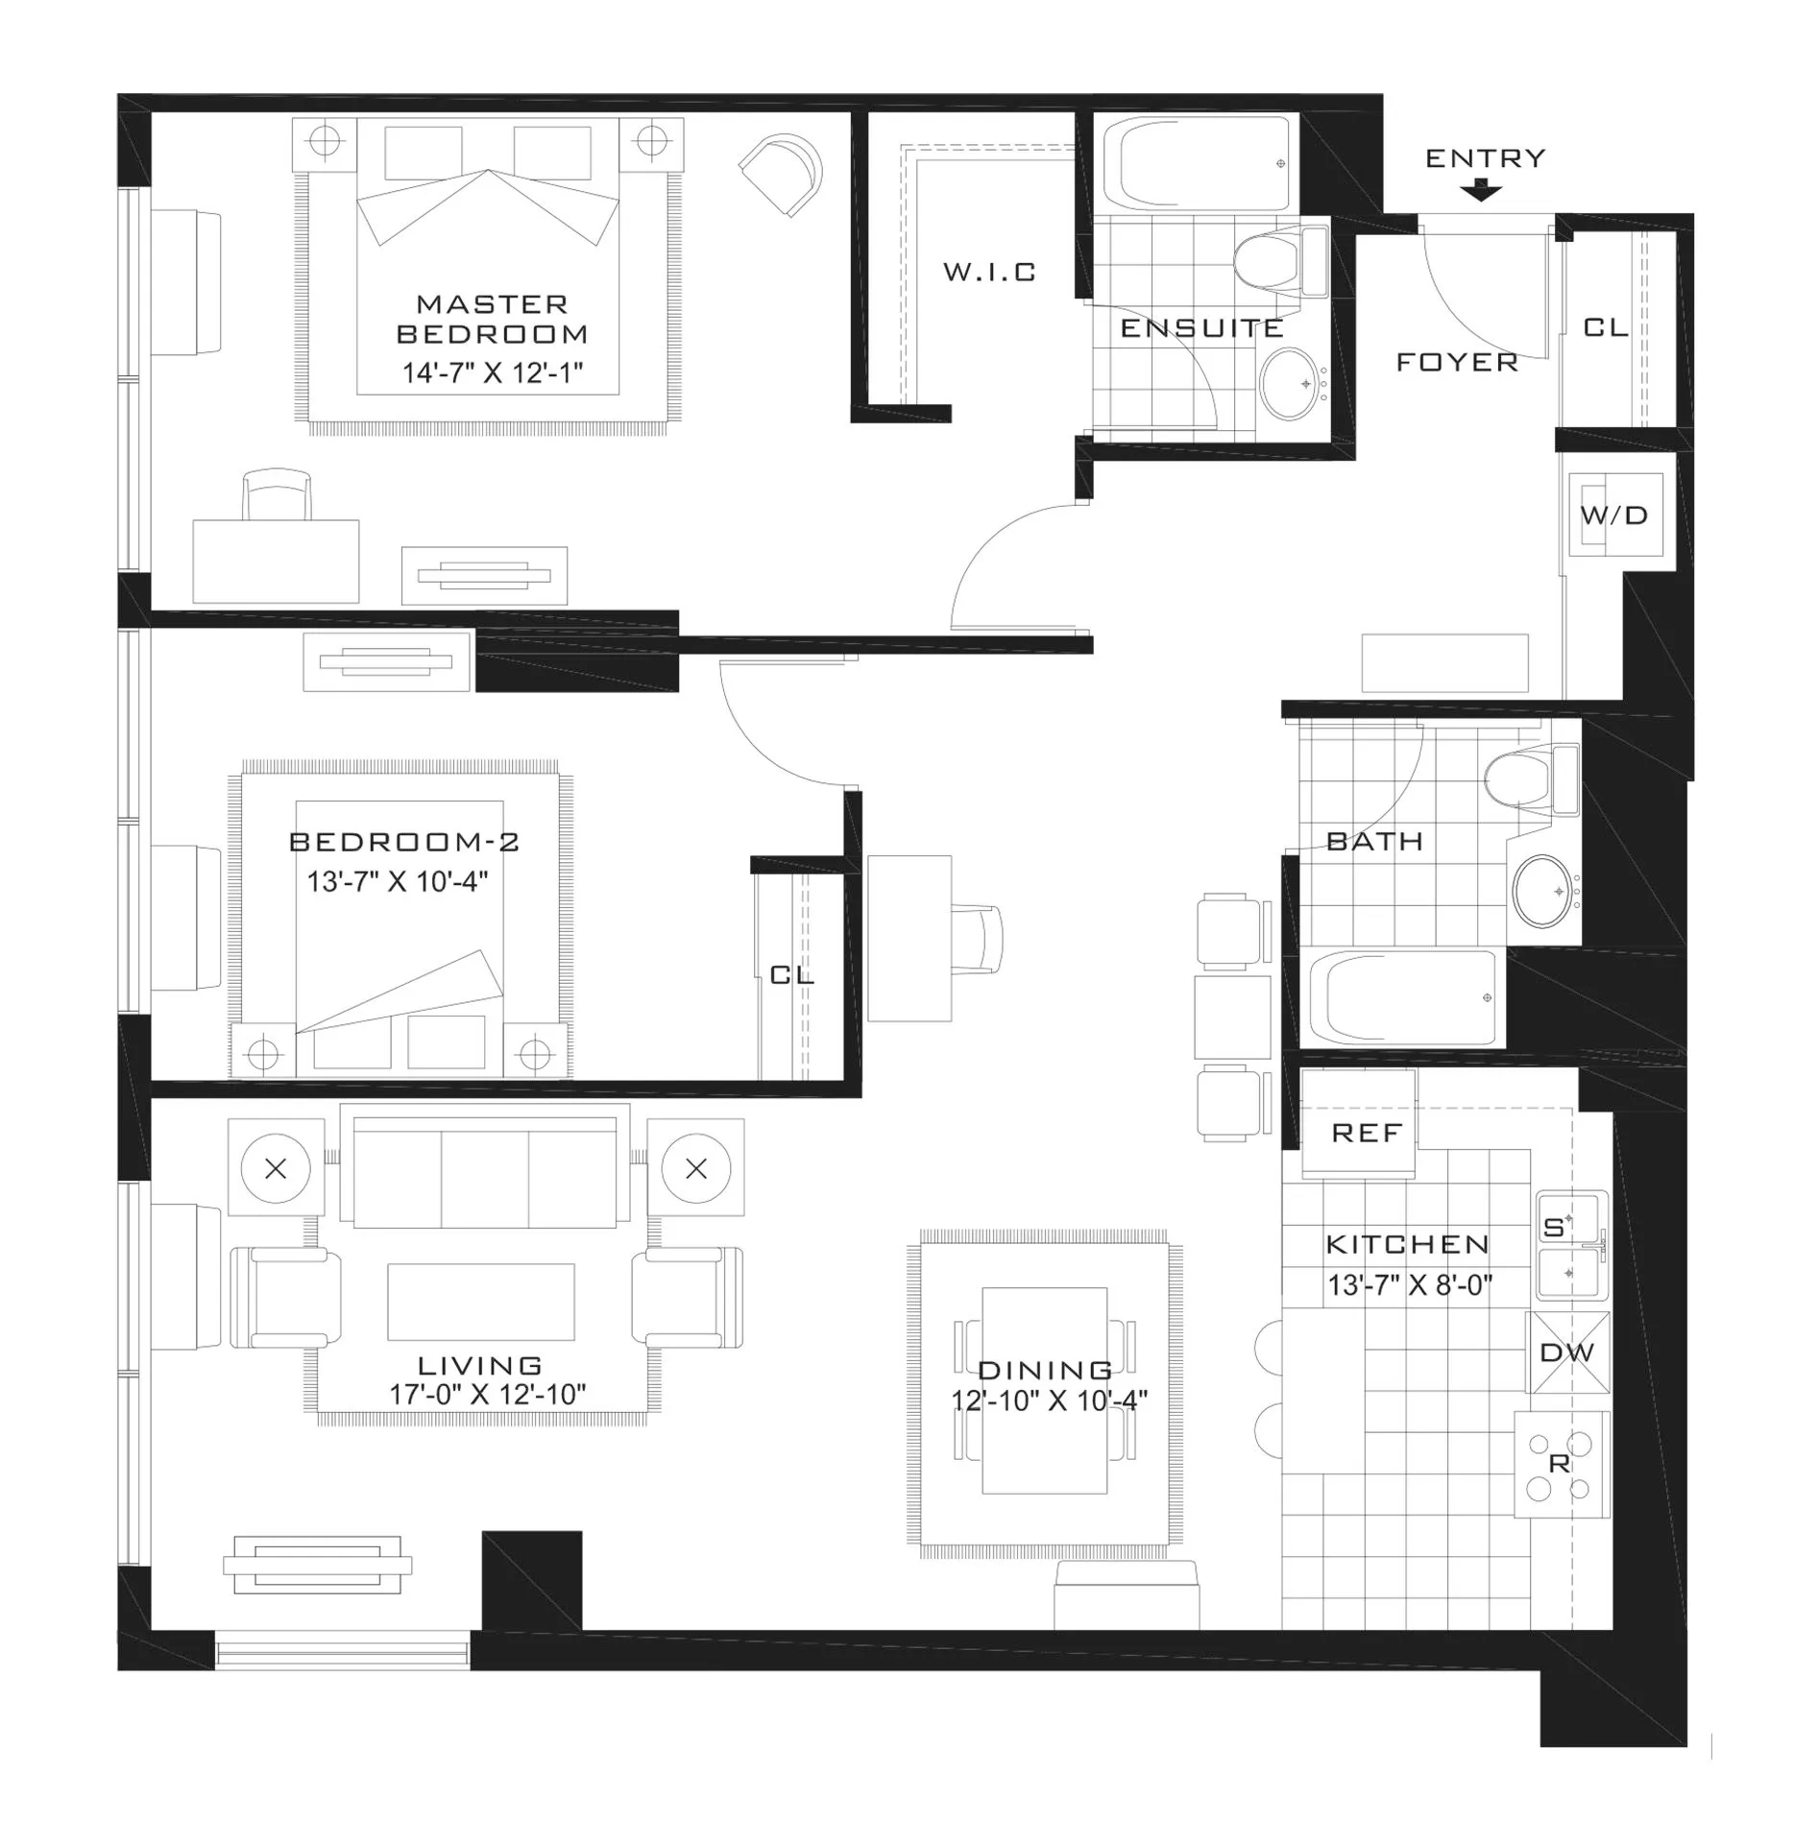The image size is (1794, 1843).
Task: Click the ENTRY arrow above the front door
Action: (1482, 192)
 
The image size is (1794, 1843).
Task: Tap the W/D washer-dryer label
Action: (1613, 515)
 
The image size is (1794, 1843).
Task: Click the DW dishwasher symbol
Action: (1567, 1352)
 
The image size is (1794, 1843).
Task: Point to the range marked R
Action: (1561, 1463)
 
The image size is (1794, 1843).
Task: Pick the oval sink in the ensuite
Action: (1289, 383)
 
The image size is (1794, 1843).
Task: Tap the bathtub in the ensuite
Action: (1196, 163)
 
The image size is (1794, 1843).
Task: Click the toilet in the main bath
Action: (1526, 778)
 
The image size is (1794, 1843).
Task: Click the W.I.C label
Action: (989, 273)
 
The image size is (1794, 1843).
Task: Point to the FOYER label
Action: (1456, 363)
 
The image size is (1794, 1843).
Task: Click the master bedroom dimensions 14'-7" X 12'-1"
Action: (493, 372)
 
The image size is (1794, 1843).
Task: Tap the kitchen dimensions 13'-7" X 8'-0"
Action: (1409, 1284)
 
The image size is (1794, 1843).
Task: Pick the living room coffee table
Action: (480, 1301)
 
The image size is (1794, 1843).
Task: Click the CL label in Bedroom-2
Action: (792, 975)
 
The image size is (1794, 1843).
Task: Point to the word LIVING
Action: (480, 1365)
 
